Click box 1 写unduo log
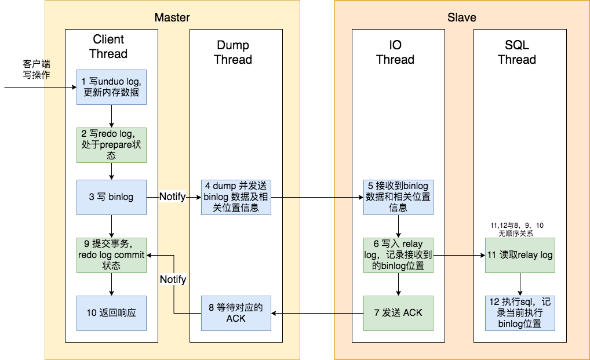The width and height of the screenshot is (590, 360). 111,87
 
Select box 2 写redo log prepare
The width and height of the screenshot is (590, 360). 111,145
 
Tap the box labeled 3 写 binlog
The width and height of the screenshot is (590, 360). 111,197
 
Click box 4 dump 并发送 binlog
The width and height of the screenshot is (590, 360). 236,197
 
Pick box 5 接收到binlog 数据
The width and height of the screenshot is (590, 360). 398,197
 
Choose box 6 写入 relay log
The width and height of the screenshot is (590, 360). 398,255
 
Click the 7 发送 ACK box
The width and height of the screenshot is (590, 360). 398,313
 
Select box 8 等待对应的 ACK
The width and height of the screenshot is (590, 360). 236,313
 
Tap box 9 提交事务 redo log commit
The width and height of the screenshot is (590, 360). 111,255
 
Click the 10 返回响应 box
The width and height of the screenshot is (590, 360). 111,313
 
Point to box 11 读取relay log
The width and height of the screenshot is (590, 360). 520,255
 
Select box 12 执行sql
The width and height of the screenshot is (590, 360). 520,313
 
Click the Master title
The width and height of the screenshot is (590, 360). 172,17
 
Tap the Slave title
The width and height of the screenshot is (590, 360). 461,17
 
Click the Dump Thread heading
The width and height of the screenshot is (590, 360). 233,52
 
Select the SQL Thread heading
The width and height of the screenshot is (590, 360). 517,52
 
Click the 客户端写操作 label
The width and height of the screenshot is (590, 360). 37,69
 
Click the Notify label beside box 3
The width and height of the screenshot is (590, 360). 173,197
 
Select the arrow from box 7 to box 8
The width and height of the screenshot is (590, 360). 317,313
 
